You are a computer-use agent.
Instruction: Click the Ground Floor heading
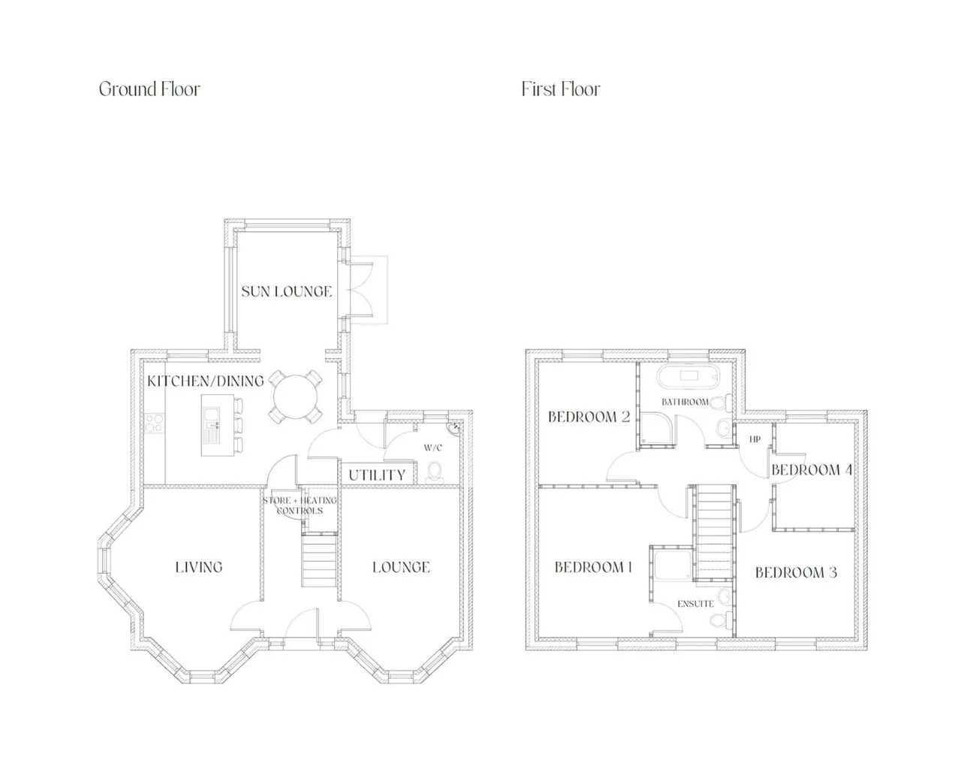pos(149,89)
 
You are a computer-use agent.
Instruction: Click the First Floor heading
pos(560,89)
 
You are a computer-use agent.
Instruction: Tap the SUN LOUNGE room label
pos(287,292)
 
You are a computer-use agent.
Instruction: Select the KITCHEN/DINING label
pos(206,381)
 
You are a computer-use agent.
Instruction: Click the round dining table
pos(295,397)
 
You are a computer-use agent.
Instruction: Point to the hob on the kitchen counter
pos(155,423)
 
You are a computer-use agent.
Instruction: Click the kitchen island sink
pos(211,415)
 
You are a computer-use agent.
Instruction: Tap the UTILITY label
pos(377,475)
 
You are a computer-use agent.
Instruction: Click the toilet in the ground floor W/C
pos(435,473)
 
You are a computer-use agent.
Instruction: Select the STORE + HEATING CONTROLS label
pos(300,505)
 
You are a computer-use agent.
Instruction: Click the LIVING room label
pos(199,567)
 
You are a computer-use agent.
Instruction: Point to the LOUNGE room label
pos(401,567)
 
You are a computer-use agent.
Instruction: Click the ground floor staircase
pos(319,560)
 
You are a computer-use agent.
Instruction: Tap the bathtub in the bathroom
pos(688,377)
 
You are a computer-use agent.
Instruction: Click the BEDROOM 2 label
pos(589,417)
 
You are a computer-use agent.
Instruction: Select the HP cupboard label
pos(755,439)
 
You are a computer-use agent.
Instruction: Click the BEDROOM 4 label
pos(812,469)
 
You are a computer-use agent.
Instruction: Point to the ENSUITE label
pos(695,604)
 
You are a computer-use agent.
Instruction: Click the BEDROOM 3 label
pos(796,572)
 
